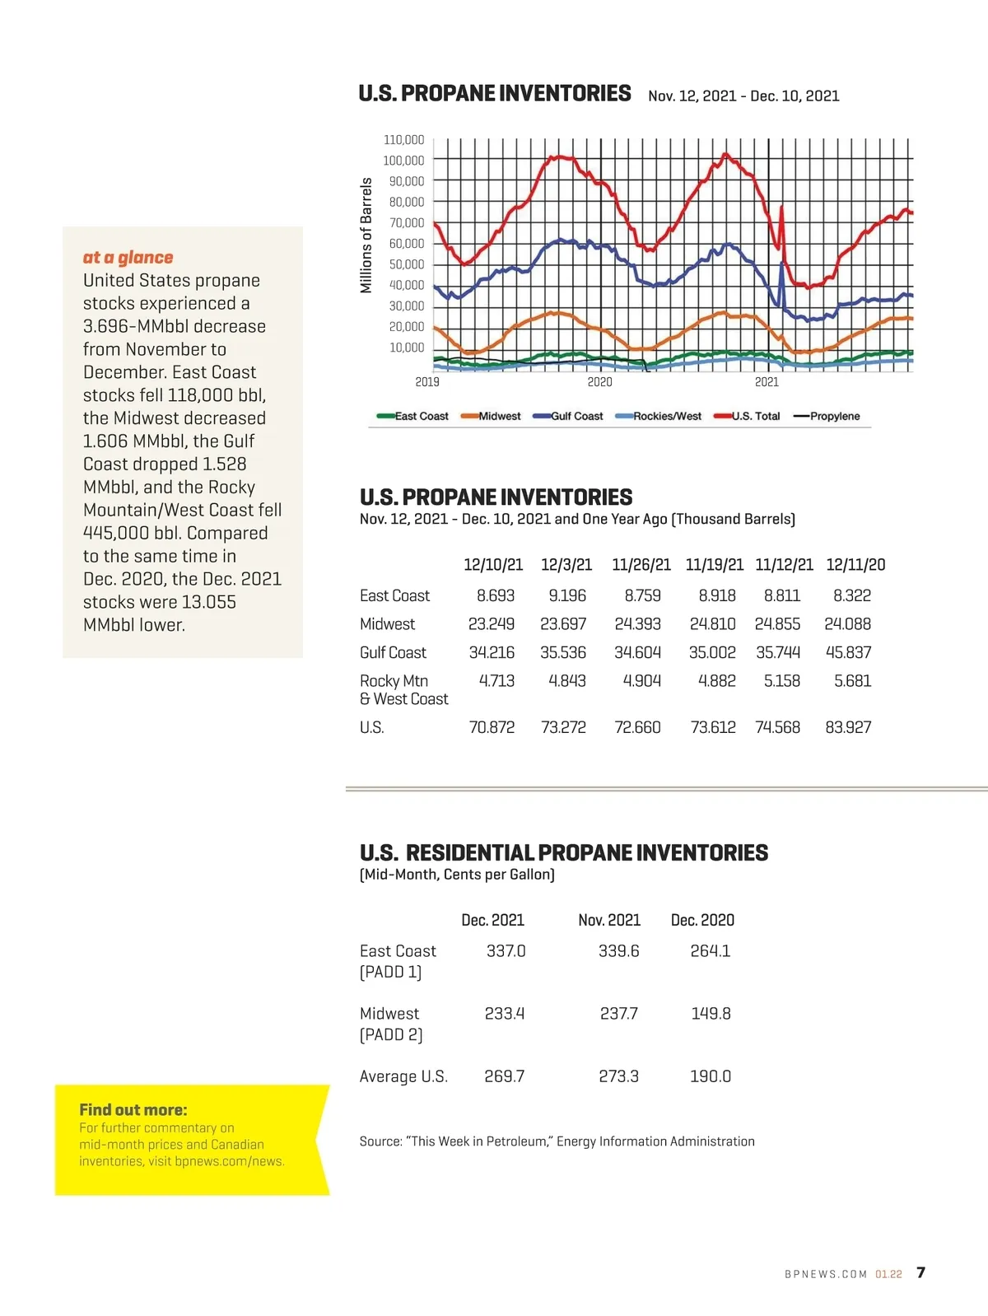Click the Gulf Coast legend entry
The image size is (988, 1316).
pos(576,417)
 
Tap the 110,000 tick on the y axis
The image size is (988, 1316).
pos(403,140)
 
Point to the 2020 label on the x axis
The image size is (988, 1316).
pos(599,382)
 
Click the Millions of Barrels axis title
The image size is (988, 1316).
pos(366,236)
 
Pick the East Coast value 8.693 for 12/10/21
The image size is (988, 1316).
pos(496,595)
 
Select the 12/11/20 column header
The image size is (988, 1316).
pos(855,565)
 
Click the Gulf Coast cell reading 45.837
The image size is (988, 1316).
pos(848,652)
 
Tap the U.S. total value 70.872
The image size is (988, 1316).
pos(492,727)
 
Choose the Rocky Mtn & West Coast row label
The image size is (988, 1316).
pos(403,690)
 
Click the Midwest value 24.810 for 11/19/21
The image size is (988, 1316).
pos(712,624)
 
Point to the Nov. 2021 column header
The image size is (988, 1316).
pos(609,920)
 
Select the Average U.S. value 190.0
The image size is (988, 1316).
pos(711,1076)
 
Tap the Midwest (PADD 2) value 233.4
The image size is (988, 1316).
pos(504,1014)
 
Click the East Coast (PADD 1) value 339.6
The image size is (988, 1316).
pos(618,951)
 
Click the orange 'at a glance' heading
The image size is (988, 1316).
pos(128,258)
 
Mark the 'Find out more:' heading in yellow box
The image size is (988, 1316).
pos(133,1110)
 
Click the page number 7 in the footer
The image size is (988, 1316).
pos(920,1273)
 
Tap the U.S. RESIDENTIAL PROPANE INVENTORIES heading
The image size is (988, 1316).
pos(564,853)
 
